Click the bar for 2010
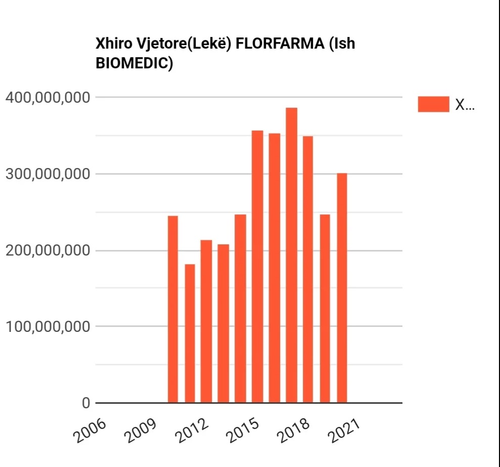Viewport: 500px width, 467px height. (x=173, y=309)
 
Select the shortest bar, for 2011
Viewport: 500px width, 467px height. (x=190, y=333)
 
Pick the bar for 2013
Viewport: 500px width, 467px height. (x=223, y=323)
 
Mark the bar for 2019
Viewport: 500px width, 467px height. (x=325, y=309)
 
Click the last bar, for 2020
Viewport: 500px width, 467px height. (x=342, y=288)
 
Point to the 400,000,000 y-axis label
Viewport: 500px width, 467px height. (x=48, y=97)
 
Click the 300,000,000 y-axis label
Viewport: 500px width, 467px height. (x=48, y=174)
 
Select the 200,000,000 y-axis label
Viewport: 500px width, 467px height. (x=48, y=251)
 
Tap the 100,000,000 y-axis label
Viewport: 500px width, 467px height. (x=48, y=326)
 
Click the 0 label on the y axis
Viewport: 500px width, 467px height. (x=85, y=403)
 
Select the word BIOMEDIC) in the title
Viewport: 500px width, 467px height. (x=134, y=64)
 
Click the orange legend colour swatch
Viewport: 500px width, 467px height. (x=433, y=104)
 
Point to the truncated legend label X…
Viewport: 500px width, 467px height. (x=465, y=105)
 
